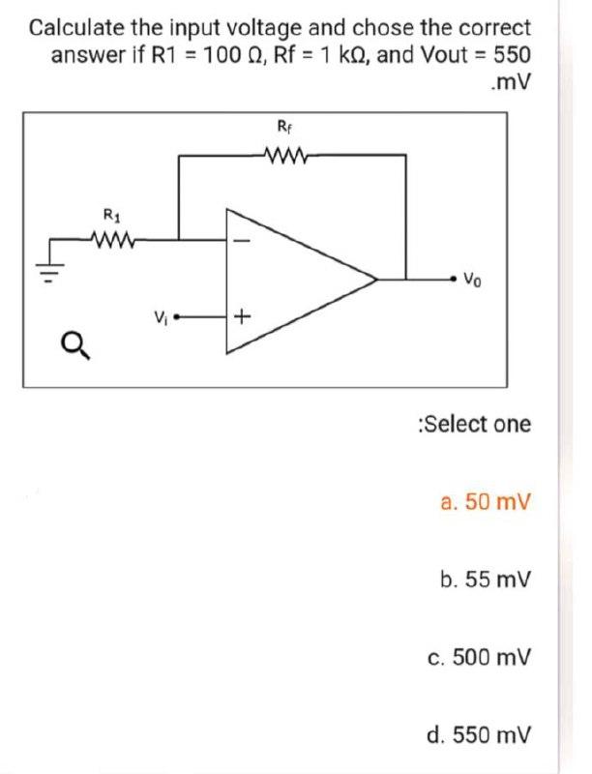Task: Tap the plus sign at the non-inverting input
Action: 242,316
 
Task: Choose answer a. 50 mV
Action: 485,502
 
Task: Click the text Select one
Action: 472,424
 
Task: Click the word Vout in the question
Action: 442,53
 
